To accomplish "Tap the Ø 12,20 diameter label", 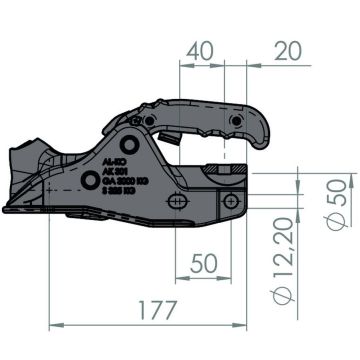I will click(x=285, y=263).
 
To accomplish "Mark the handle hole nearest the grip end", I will click(x=236, y=121).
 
